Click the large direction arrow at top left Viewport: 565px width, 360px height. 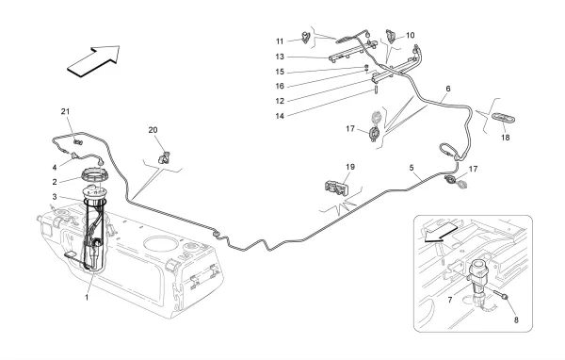click(93, 60)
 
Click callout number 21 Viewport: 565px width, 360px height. click(65, 112)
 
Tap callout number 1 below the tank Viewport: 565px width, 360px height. click(87, 298)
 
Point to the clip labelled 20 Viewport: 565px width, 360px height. click(165, 157)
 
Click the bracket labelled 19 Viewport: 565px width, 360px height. click(336, 188)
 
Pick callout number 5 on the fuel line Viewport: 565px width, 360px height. click(412, 168)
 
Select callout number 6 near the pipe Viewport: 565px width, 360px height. click(448, 89)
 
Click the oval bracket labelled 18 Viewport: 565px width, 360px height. click(504, 119)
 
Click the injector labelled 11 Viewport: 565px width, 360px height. click(305, 38)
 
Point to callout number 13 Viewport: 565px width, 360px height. click(280, 57)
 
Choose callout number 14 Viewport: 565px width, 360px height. click(280, 116)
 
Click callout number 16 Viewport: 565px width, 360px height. click(280, 86)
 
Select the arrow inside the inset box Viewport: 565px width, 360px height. click(441, 233)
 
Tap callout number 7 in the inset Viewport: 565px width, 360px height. click(450, 300)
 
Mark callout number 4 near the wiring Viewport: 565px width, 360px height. click(55, 168)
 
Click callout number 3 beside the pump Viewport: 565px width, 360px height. click(55, 197)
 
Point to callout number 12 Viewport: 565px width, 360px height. click(280, 102)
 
